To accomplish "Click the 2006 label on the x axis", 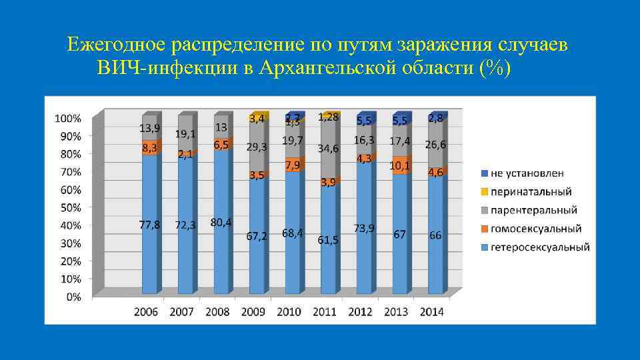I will point(147,311).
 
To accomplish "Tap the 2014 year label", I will point(432,311).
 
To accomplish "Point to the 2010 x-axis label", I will point(289,311).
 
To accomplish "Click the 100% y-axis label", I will point(67,118).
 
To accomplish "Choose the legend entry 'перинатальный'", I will point(531,192).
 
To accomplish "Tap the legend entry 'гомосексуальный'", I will point(535,229).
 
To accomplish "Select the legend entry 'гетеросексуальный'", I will point(539,247).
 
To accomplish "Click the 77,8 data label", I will point(149,225).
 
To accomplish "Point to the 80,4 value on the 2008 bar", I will point(221,222).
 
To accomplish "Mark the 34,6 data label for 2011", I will point(328,148).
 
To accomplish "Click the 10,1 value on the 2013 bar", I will point(400,164).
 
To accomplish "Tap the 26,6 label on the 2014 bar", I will point(435,145).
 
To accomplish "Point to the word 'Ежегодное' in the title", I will point(116,45).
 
